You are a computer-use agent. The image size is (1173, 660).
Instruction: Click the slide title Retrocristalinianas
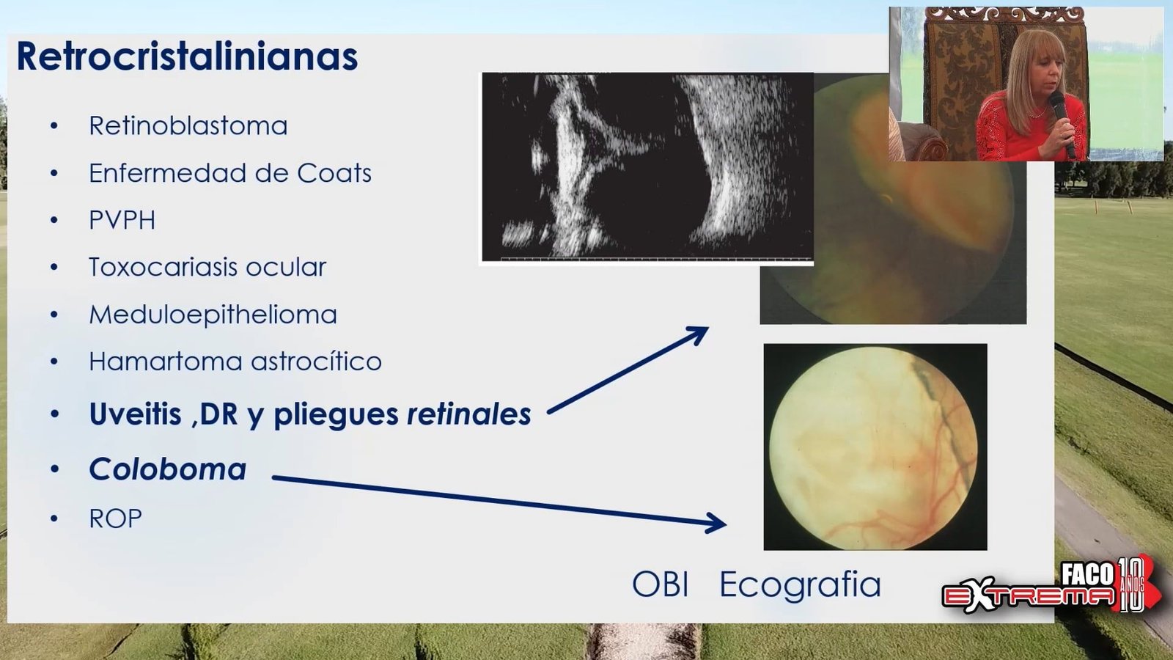[187, 56]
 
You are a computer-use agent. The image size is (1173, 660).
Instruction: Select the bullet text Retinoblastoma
[188, 125]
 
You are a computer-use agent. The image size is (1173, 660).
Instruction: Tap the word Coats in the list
[334, 173]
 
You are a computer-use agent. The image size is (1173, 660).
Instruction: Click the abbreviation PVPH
[122, 220]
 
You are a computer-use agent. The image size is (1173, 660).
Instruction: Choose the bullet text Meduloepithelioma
[213, 315]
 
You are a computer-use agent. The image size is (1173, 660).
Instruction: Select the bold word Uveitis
[135, 414]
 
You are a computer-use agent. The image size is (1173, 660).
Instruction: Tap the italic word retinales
[468, 414]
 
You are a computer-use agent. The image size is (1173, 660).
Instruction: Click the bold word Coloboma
[168, 469]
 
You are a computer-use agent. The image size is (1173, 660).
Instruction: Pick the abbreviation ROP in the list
[115, 518]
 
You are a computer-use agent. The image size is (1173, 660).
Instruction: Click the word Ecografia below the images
[800, 584]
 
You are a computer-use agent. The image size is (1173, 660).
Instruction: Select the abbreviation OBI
[660, 584]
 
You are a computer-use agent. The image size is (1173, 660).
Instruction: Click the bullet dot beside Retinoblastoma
[54, 126]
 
